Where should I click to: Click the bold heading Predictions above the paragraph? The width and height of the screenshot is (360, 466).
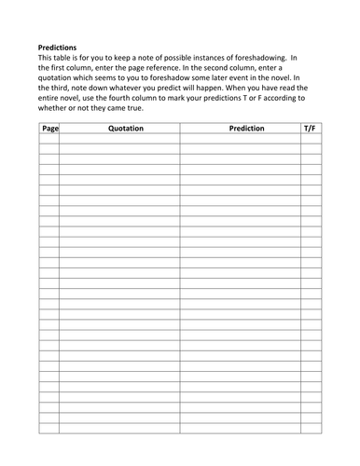58,46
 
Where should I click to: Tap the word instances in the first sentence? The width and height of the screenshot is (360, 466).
221,58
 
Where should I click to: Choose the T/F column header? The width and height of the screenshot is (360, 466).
311,128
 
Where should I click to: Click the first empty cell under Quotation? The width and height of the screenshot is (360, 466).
119,138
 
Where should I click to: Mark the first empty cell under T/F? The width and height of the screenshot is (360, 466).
311,138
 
